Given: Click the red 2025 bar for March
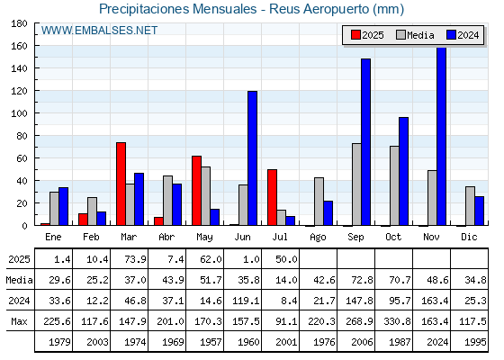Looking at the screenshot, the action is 121,184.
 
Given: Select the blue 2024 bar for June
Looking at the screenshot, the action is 252,158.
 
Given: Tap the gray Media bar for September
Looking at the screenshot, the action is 356,184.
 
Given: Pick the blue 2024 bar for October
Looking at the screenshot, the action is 404,171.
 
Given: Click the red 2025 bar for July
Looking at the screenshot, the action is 272,197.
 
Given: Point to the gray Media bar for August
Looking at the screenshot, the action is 319,202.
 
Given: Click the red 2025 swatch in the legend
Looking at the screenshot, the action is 355,35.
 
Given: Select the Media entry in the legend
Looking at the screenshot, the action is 415,35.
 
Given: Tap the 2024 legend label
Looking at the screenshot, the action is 468,35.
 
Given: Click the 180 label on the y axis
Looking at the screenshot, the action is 19,23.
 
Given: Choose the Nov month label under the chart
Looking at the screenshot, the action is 431,237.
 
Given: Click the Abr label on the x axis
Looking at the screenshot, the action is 166,237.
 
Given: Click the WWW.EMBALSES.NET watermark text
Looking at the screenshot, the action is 99,31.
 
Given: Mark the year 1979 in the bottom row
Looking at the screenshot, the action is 59,342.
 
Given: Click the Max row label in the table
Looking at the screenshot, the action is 19,321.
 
